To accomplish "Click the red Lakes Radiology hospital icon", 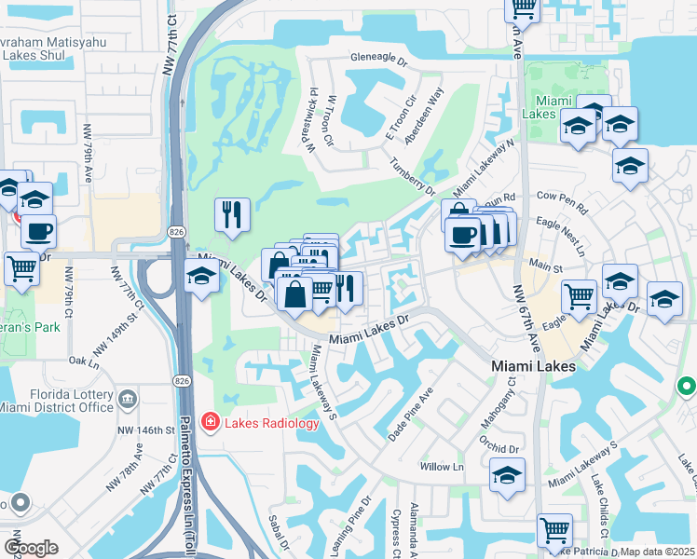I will (211, 423).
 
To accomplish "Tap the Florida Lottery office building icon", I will (128, 400).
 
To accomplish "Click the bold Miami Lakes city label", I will (532, 367).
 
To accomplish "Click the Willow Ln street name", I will (442, 466).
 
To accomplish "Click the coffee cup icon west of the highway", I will (38, 231).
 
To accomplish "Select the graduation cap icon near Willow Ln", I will (507, 475).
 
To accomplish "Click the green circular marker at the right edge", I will (687, 385).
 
